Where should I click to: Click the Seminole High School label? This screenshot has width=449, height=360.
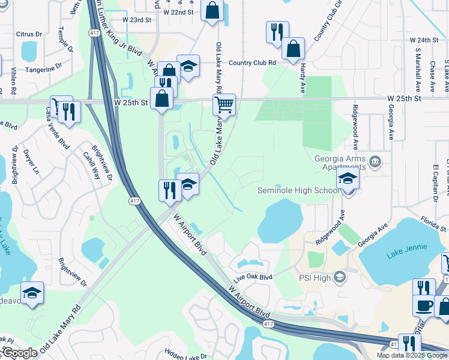(x=298, y=191)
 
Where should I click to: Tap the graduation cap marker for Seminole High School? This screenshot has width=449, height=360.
(x=348, y=178)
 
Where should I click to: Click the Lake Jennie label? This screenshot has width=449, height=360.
(x=407, y=247)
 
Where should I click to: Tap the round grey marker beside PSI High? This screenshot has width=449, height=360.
(x=340, y=276)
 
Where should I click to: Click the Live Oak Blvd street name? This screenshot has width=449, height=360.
(x=253, y=277)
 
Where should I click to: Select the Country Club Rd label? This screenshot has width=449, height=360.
(x=252, y=62)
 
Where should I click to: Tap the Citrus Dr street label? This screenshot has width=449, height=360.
(x=29, y=34)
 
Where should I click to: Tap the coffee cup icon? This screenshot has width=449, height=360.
(x=424, y=305)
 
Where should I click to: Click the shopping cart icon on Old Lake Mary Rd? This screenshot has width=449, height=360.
(x=224, y=104)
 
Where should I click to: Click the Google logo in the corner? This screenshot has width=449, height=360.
(x=20, y=353)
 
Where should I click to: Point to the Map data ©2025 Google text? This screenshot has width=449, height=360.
(x=412, y=355)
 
